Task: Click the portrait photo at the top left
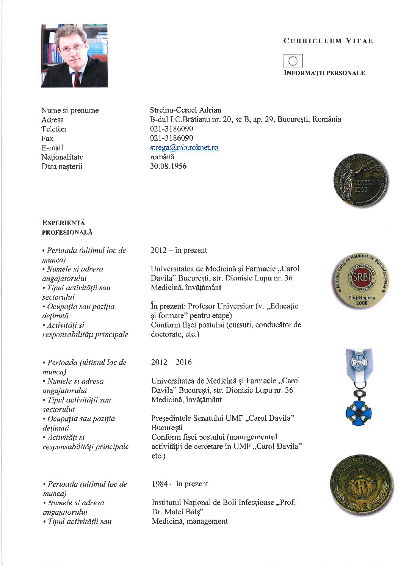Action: (74, 56)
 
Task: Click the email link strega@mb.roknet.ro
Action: (184, 147)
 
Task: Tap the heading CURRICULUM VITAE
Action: (328, 41)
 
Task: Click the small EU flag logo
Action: (293, 61)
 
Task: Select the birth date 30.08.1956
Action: (168, 166)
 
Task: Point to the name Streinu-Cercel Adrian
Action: (185, 110)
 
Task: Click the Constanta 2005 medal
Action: (361, 180)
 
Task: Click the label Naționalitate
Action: (62, 157)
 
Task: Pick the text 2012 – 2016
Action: (171, 362)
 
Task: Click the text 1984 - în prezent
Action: (180, 484)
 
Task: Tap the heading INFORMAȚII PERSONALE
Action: (324, 73)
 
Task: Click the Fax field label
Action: (47, 138)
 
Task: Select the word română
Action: (162, 157)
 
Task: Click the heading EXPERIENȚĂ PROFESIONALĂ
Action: (67, 227)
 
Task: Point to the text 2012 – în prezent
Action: (179, 250)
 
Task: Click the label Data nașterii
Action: (62, 166)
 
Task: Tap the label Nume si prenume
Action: (70, 110)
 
